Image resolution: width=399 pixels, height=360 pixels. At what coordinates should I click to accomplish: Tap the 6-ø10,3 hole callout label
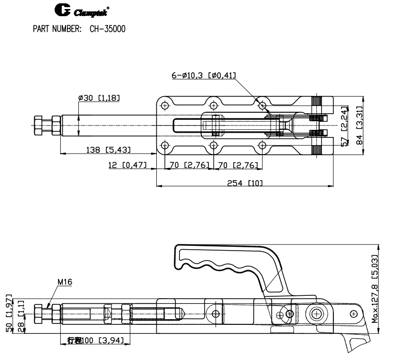tap(204, 75)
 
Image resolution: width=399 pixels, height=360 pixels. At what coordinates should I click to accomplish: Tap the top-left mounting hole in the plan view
tap(164, 105)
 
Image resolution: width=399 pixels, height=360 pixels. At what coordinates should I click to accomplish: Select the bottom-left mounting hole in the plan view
tap(164, 145)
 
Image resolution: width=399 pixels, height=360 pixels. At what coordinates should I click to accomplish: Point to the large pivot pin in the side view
tap(317, 313)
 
